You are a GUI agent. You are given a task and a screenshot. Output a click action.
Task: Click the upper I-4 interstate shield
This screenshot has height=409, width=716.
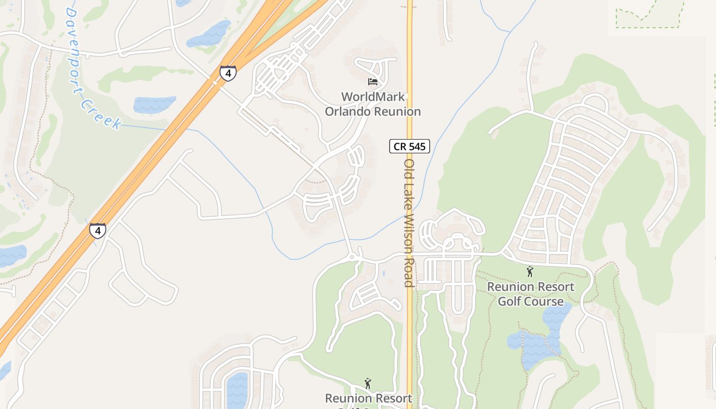(228, 73)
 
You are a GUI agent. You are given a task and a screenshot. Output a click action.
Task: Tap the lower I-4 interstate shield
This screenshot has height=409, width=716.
(97, 231)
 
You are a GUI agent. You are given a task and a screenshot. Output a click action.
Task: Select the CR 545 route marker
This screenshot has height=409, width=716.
(409, 147)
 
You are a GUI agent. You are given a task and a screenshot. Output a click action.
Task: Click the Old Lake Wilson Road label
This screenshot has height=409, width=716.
(409, 223)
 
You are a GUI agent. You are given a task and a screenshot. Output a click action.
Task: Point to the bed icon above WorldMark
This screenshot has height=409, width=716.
(373, 82)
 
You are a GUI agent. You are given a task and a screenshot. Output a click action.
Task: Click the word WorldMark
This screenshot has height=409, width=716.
(373, 97)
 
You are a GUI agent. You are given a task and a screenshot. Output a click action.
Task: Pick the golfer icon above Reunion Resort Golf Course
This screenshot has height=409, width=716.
(530, 272)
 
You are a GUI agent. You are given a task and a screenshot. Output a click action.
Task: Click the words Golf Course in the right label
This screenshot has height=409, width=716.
(530, 301)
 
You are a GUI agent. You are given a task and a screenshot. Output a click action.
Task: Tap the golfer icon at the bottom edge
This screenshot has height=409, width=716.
(367, 383)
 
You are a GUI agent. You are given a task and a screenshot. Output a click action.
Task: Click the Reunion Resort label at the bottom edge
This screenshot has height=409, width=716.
(368, 398)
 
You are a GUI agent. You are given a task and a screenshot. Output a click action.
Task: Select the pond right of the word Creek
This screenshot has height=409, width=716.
(154, 104)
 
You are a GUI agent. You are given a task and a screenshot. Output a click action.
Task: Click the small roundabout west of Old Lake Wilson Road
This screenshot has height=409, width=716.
(352, 255)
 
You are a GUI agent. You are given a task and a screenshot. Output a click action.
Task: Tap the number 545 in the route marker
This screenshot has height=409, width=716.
(417, 147)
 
